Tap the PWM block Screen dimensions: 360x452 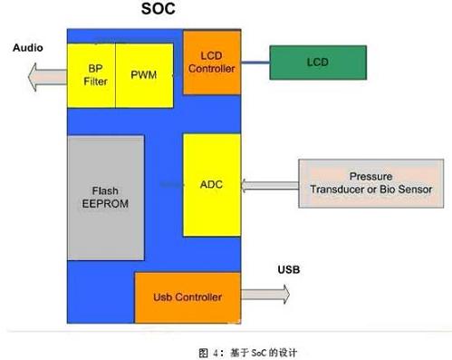143,73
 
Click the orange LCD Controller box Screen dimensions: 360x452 212,62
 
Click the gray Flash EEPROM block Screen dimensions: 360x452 105,198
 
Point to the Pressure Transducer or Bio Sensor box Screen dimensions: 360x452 371,182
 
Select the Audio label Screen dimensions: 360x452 27,47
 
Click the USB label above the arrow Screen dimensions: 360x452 289,270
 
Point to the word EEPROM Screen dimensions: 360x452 105,204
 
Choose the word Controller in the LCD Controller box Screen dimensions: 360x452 212,68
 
